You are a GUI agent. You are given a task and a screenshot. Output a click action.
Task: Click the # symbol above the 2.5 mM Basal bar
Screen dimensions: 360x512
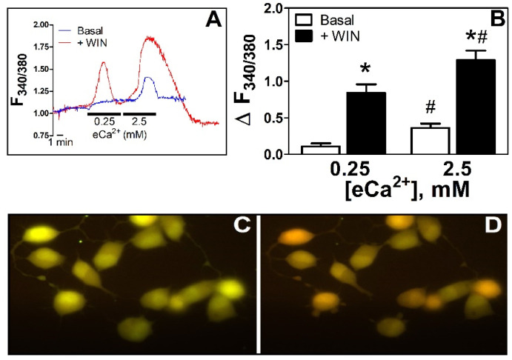pos(419,108)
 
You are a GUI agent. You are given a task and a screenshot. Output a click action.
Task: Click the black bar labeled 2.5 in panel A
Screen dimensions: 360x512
pos(139,114)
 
